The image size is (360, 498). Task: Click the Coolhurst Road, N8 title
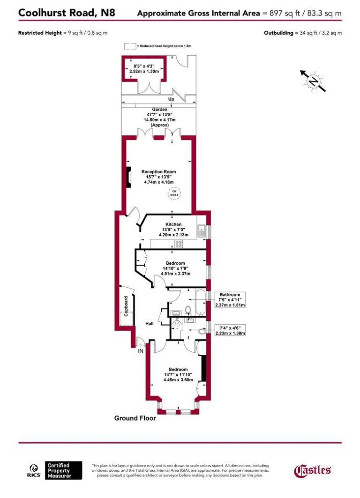coord(66,13)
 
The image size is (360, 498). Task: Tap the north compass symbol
coord(313,81)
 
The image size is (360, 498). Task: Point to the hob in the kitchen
coord(179,243)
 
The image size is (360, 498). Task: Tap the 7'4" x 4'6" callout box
coord(230,330)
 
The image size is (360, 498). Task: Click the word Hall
coord(150,324)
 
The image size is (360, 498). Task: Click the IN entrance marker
coord(141,350)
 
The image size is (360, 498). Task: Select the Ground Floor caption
coord(135,418)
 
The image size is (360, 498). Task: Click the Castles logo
coord(312,470)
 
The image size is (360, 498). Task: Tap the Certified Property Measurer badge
coord(64,470)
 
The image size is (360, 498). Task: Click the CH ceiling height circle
coord(174,192)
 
